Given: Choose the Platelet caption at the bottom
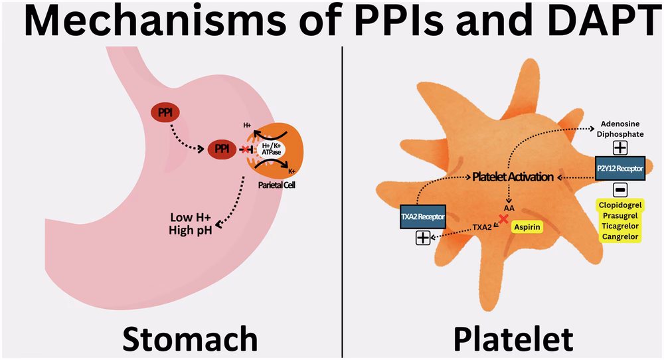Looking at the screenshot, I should click(x=513, y=339).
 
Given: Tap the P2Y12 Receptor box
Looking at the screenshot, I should click(x=620, y=169).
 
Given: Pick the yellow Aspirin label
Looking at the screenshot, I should click(x=528, y=226).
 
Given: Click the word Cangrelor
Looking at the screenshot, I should click(x=620, y=237).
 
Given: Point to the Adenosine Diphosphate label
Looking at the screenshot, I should click(x=620, y=129).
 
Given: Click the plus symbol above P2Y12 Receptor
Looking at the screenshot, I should click(x=620, y=147).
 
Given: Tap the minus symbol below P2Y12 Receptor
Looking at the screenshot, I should click(x=620, y=191).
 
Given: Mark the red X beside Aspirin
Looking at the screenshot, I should click(x=506, y=218).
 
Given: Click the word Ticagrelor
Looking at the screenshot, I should click(x=620, y=226).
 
